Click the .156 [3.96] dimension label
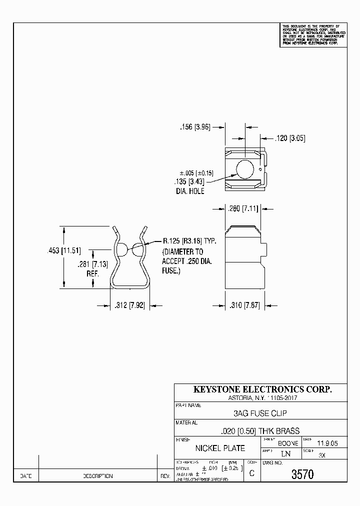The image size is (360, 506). click(195, 127)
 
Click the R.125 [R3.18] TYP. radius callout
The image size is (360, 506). click(188, 241)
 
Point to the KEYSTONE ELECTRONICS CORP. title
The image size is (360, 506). click(262, 389)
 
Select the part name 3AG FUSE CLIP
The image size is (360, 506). click(260, 413)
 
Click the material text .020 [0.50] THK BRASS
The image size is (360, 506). click(260, 430)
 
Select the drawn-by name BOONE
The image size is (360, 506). click(288, 443)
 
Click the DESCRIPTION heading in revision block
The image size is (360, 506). click(97, 476)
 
